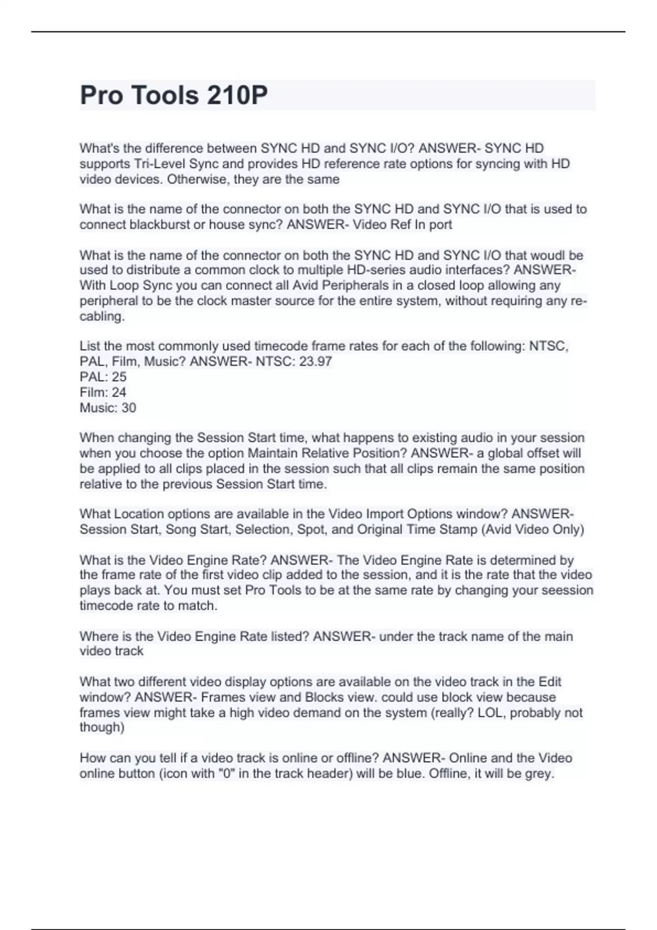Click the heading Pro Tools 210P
[x=174, y=95]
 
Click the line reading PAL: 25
[x=103, y=377]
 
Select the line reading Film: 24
[x=103, y=392]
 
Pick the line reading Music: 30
[x=108, y=408]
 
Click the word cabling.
[x=102, y=316]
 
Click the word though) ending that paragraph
[x=102, y=727]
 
